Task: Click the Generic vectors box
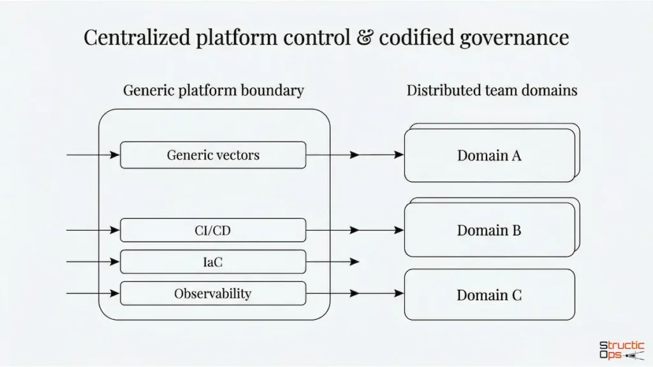(x=213, y=155)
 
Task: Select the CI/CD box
(x=213, y=230)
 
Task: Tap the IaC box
(x=213, y=261)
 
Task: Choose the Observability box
(x=213, y=294)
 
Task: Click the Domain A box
(x=489, y=155)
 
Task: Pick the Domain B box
(x=489, y=230)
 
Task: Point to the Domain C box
(x=489, y=294)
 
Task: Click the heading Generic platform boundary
(x=213, y=90)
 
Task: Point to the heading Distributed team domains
(x=492, y=90)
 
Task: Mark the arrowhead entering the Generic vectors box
(x=115, y=155)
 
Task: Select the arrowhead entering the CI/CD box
(x=115, y=230)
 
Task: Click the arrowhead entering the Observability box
(x=115, y=294)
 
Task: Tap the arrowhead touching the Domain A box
(x=399, y=155)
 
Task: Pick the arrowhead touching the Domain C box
(x=399, y=294)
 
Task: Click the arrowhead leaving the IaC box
(x=355, y=261)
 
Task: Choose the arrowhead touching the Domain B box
(x=399, y=230)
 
